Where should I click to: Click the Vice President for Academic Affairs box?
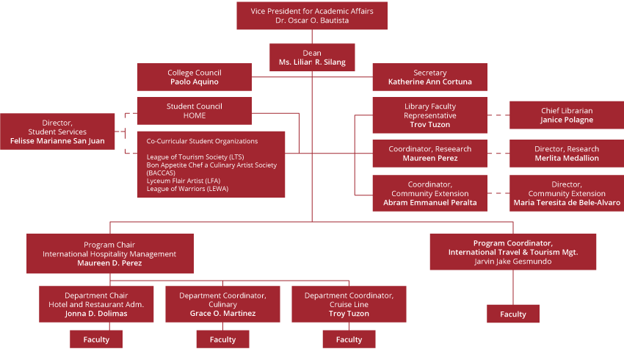(311, 15)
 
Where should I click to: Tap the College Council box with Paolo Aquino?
(195, 77)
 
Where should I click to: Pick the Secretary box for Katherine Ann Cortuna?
(429, 77)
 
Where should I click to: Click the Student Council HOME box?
(195, 111)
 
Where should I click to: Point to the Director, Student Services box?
(57, 132)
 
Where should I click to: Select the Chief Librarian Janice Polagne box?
(566, 115)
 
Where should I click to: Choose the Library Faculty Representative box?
(429, 115)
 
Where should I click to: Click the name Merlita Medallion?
(566, 159)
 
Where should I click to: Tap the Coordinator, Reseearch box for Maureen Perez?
(429, 154)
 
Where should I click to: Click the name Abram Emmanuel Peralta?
(429, 203)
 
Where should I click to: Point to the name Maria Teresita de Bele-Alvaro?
(566, 203)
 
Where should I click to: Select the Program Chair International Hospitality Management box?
(109, 253)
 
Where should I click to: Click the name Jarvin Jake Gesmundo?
(512, 262)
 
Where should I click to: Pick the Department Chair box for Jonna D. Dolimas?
(96, 304)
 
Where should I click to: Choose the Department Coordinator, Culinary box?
(222, 304)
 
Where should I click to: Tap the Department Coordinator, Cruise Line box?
(349, 304)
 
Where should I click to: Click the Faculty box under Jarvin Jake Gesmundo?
(513, 314)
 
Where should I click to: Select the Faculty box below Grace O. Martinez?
(222, 339)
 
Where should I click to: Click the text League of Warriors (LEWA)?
(187, 189)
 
